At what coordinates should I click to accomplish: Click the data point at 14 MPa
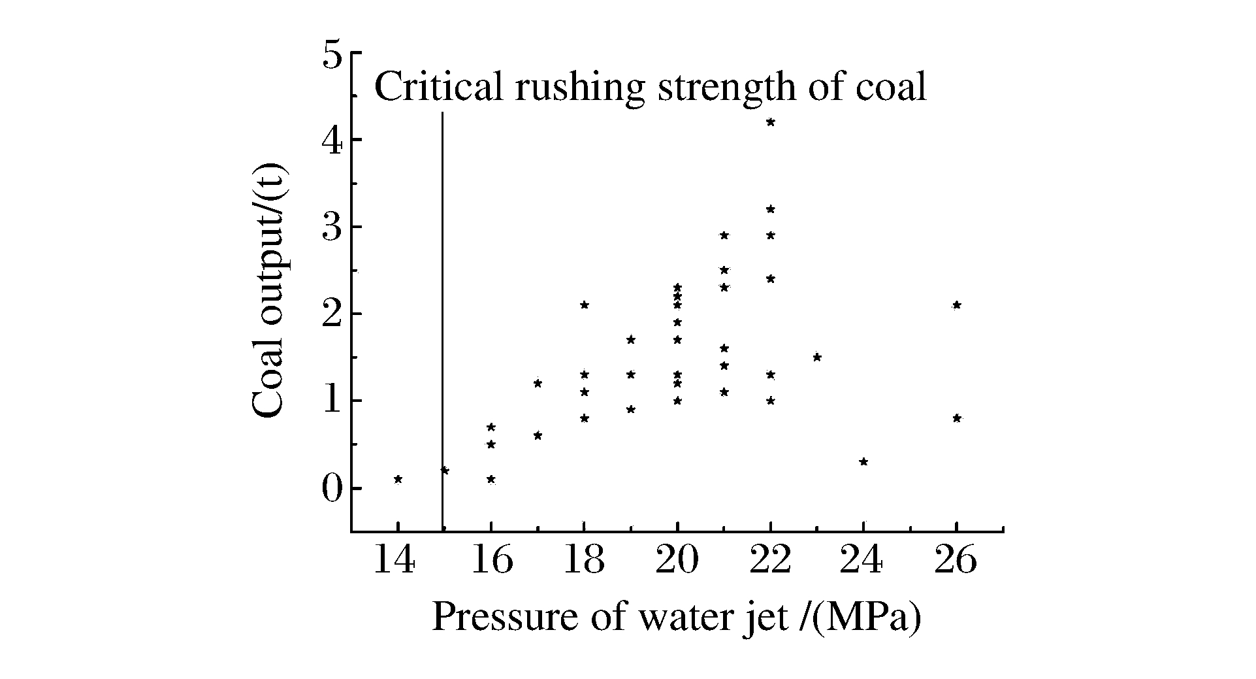pos(398,479)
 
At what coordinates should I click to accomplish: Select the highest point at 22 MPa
pos(771,122)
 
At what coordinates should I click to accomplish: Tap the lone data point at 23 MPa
pos(817,357)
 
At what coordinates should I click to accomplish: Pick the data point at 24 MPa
pos(863,461)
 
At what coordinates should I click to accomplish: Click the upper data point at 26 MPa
pos(957,305)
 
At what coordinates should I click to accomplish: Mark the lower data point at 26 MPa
pos(957,418)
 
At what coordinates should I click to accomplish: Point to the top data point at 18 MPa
pos(585,305)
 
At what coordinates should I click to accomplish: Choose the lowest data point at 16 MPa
pos(491,479)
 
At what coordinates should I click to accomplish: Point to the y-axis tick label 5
pos(332,55)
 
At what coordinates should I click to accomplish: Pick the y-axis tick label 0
pos(332,489)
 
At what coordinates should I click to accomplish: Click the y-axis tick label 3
pos(332,227)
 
